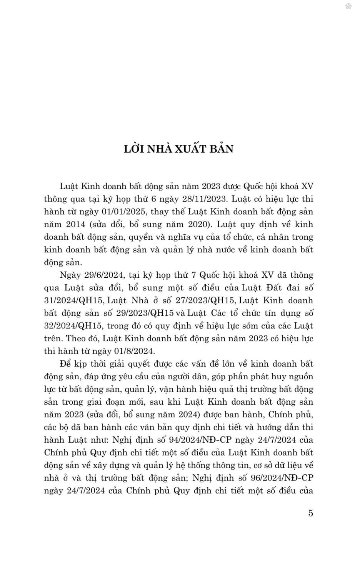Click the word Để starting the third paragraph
65,364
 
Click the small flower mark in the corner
348,7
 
